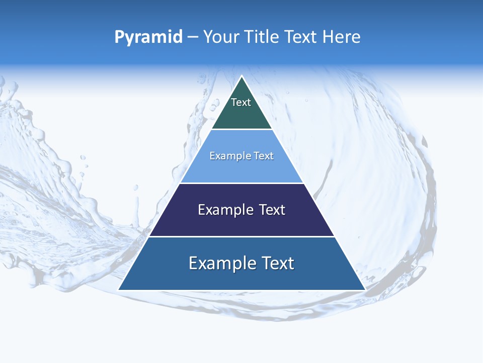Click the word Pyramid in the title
[x=148, y=37]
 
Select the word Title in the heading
[x=262, y=37]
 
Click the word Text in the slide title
[x=301, y=37]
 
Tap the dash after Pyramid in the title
[x=193, y=37]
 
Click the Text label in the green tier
[x=241, y=102]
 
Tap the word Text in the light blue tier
[x=264, y=156]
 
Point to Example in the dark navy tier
[x=225, y=210]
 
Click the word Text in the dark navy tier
[x=272, y=210]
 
